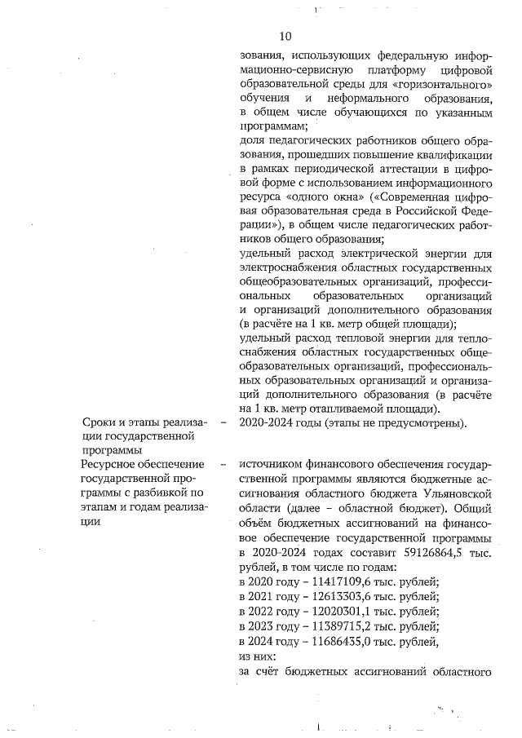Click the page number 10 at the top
(x=285, y=36)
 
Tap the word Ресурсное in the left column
(x=110, y=463)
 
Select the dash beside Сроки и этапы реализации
(x=223, y=422)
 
